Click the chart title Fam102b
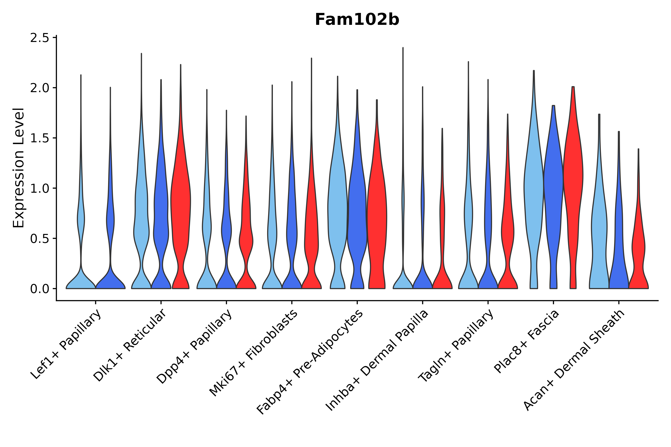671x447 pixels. point(357,20)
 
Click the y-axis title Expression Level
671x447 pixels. point(19,168)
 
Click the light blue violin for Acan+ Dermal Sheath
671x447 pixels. point(599,228)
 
